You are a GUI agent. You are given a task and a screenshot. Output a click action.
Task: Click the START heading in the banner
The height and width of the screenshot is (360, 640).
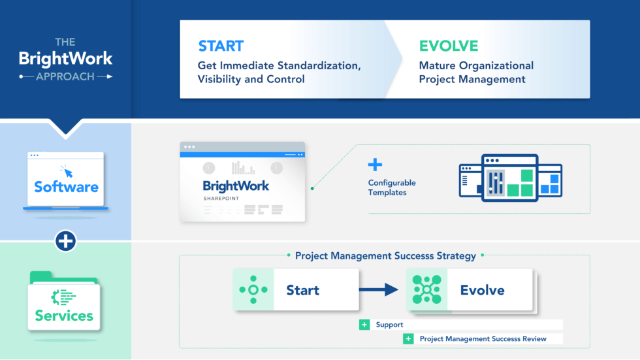pos(221,46)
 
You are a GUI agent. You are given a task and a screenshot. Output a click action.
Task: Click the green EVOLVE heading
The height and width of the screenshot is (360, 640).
pos(448,46)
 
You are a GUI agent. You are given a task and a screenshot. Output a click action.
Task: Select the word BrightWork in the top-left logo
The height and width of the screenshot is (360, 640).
pos(65,59)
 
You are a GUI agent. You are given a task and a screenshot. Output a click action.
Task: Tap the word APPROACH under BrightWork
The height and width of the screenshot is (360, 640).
pos(65,76)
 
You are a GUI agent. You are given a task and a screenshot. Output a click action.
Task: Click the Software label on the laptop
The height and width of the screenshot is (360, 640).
pos(66,187)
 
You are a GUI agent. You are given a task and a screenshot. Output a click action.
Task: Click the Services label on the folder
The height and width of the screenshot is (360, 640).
pos(64,316)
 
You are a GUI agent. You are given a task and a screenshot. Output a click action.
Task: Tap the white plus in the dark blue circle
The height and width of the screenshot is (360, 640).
pos(66,241)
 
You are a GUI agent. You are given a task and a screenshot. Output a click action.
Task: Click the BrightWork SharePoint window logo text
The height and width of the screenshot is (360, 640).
pos(236,186)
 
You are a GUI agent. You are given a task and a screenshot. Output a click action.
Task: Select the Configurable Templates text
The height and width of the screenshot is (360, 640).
pos(392,188)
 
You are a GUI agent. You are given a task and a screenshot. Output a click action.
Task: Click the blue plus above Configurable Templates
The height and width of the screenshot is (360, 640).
pos(375,165)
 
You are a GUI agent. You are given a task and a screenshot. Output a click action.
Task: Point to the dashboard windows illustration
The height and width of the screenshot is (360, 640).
pos(510,177)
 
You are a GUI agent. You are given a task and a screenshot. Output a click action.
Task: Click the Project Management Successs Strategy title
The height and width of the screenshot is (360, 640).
pos(385,255)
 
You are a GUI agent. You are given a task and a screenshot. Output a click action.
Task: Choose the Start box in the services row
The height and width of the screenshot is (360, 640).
pos(296,289)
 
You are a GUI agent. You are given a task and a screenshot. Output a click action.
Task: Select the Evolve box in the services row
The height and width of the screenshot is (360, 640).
pos(470,290)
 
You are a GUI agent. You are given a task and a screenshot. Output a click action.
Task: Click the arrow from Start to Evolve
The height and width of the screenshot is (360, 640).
pos(382,289)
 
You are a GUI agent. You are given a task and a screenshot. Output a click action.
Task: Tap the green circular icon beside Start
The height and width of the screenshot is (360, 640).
pos(253,289)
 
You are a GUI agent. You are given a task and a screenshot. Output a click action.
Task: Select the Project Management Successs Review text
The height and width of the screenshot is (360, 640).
pos(483,338)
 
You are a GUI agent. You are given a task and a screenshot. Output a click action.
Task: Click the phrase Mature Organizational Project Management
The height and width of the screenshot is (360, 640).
pos(476,73)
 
